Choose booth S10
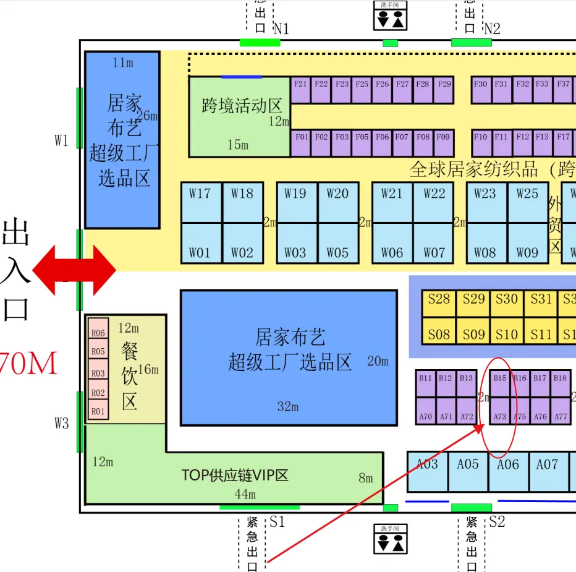click(x=507, y=335)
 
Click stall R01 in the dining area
click(x=98, y=411)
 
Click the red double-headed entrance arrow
click(x=74, y=270)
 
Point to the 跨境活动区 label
click(x=242, y=106)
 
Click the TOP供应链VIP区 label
click(x=235, y=476)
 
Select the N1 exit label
click(x=281, y=29)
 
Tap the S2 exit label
click(x=497, y=522)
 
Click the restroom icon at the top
click(x=391, y=15)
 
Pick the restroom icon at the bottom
click(x=391, y=539)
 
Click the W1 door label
click(x=61, y=140)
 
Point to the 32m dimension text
click(x=288, y=406)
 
